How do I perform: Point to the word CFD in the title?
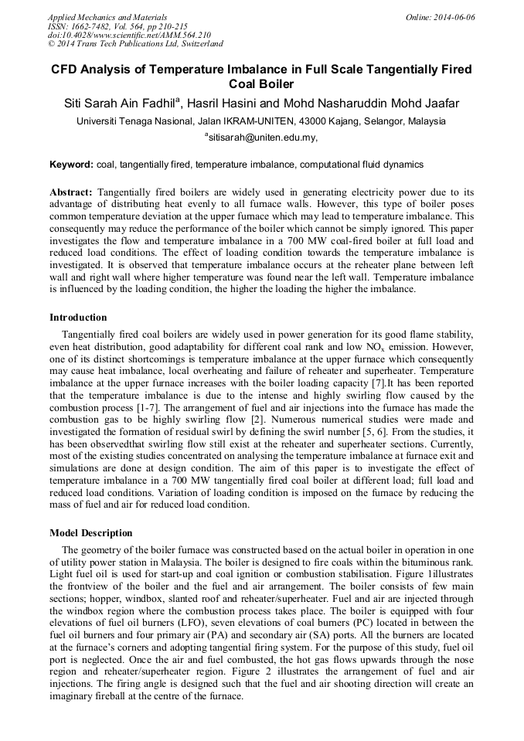click(x=66, y=70)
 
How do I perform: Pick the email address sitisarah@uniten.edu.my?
click(x=262, y=138)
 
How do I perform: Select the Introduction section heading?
click(x=78, y=318)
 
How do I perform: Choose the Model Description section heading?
click(x=91, y=533)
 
